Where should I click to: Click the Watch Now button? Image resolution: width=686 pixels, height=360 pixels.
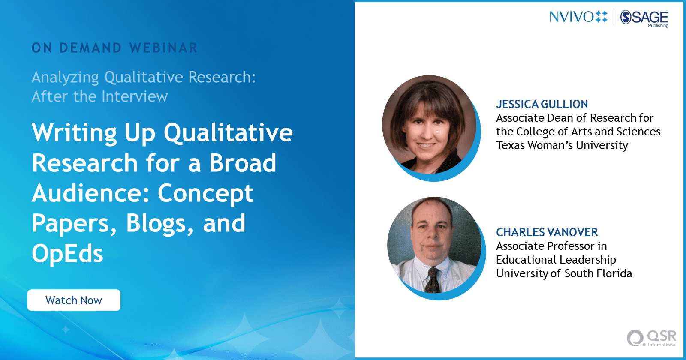tap(74, 300)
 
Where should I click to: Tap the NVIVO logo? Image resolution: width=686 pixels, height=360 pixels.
tap(578, 17)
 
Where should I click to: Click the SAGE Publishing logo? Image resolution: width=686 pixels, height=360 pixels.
tap(644, 18)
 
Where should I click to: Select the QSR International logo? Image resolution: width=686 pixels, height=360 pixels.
tap(651, 338)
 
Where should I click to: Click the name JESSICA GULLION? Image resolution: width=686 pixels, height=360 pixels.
tap(542, 104)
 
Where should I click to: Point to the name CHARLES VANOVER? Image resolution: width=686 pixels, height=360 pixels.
tap(547, 232)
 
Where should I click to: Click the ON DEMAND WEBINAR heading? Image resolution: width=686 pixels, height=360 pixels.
tap(114, 48)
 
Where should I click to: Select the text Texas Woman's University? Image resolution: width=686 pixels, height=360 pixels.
tap(562, 145)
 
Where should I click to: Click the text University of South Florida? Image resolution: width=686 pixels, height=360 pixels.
tap(564, 273)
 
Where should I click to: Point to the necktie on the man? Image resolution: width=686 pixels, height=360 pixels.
tap(433, 280)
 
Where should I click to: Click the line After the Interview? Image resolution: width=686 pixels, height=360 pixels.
tap(99, 97)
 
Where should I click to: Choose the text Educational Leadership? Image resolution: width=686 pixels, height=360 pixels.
tap(556, 260)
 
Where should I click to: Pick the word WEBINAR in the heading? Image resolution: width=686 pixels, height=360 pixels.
tap(163, 48)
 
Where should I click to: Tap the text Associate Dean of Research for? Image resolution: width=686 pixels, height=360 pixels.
tap(575, 118)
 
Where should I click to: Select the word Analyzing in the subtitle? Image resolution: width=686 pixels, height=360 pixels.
tap(65, 78)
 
